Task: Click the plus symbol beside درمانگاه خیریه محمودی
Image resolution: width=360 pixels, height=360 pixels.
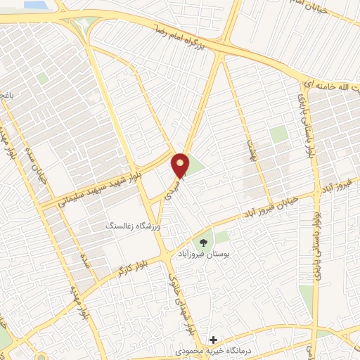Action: click(x=214, y=340)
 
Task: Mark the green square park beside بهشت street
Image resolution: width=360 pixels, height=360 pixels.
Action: click(x=279, y=134)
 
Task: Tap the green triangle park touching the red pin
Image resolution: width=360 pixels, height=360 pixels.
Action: click(x=194, y=167)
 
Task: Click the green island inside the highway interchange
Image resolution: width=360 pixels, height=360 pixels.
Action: click(x=86, y=23)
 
